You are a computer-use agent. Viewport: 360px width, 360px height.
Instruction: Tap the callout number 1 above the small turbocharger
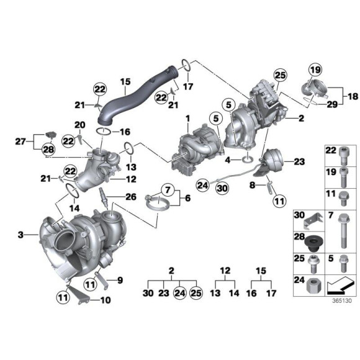pos(185,117)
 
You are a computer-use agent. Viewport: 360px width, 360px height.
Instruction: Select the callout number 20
pos(80,125)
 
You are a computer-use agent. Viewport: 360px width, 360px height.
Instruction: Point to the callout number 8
pos(253,185)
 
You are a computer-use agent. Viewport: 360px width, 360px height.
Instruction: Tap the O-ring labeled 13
pos(128,149)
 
